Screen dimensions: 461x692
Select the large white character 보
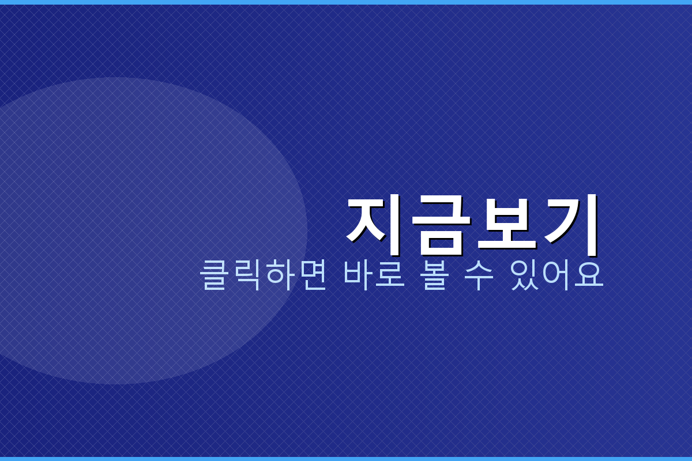pos(506,224)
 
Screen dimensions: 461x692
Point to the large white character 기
pos(571,224)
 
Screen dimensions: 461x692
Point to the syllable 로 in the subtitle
pos(390,275)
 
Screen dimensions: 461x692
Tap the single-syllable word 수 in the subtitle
pos(479,275)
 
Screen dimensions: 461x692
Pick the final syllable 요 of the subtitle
pos(589,275)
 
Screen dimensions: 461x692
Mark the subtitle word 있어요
pos(556,275)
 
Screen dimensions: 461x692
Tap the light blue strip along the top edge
pos(346,2)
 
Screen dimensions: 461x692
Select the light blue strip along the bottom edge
pos(346,459)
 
